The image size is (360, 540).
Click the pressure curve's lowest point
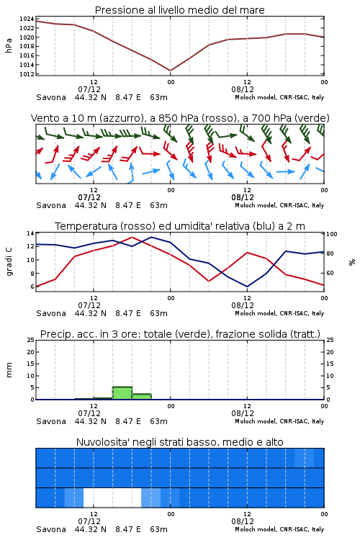[170, 71]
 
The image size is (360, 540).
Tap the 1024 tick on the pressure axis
[26, 19]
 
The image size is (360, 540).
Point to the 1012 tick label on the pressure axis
[26, 74]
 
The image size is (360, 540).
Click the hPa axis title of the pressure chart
[9, 46]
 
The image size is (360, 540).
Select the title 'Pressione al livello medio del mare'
[180, 10]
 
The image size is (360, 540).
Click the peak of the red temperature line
[132, 237]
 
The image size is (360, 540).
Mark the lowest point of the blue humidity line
[247, 287]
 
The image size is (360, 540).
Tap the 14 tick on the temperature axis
[30, 233]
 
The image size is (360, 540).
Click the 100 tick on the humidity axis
[332, 234]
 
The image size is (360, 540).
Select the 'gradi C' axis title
[9, 262]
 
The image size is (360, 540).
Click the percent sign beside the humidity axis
[352, 262]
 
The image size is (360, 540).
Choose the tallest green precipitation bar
[122, 393]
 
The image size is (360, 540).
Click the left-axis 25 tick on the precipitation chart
[30, 341]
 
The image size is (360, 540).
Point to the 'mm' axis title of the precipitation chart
[9, 370]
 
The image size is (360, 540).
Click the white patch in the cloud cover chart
[112, 498]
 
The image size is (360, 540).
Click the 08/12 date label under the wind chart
[243, 198]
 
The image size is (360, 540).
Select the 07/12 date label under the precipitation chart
[89, 413]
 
